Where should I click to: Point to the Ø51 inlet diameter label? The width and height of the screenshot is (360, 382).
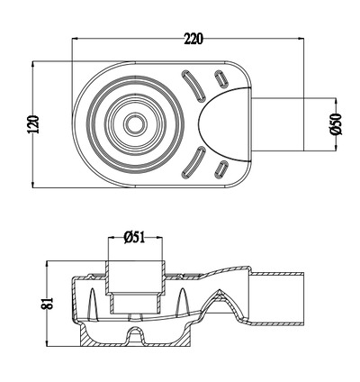134,237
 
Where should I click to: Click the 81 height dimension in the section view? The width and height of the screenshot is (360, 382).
49,303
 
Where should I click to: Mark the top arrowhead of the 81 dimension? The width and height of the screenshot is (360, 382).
49,261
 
